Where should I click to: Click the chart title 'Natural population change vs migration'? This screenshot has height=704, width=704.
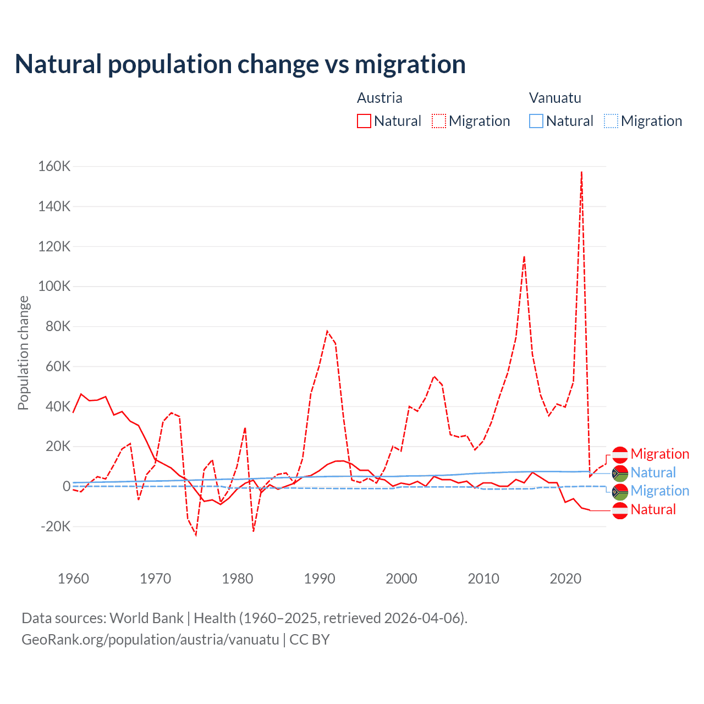coord(240,64)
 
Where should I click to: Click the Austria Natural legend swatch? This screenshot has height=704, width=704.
coord(364,121)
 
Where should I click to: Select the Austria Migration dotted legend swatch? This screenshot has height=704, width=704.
coord(439,121)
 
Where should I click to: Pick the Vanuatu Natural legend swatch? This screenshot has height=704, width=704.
coord(536,121)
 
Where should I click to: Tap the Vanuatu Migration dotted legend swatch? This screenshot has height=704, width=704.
coord(611,121)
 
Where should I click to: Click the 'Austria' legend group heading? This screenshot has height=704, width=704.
coord(380,98)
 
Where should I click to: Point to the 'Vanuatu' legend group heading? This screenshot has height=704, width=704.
coord(555,98)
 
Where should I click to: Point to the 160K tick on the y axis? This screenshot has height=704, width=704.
coord(54,166)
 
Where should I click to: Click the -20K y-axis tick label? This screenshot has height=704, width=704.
coord(56,526)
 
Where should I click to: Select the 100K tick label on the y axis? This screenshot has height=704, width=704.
coord(54,286)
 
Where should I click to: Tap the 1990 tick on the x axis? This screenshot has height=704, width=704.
coord(320,579)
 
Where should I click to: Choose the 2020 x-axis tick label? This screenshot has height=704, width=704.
coord(565,579)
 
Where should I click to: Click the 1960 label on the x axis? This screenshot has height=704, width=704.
coord(73,579)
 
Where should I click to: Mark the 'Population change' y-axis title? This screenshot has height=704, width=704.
coord(23,353)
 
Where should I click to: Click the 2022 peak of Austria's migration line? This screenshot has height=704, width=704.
coord(581,172)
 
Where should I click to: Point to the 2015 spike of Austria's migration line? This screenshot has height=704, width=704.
coord(524,257)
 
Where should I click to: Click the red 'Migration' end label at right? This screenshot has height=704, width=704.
coord(659,454)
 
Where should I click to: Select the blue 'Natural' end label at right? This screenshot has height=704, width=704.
coord(653,472)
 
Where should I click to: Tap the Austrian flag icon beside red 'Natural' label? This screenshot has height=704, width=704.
coord(620,510)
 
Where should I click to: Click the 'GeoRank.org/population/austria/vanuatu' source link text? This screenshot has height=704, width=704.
coord(150,640)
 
